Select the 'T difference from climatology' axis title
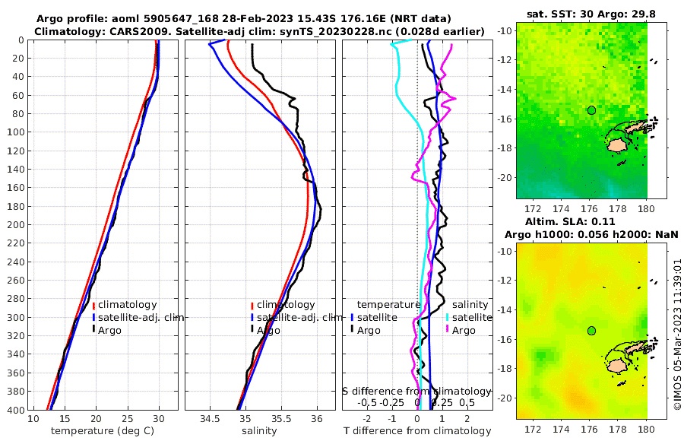[417, 431]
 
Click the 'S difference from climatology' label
[417, 391]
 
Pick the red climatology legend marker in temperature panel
[94, 305]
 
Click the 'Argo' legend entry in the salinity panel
[268, 331]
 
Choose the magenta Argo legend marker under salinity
[448, 330]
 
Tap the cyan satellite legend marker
[448, 317]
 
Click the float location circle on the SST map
[591, 110]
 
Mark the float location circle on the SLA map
[591, 331]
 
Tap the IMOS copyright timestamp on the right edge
[677, 334]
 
